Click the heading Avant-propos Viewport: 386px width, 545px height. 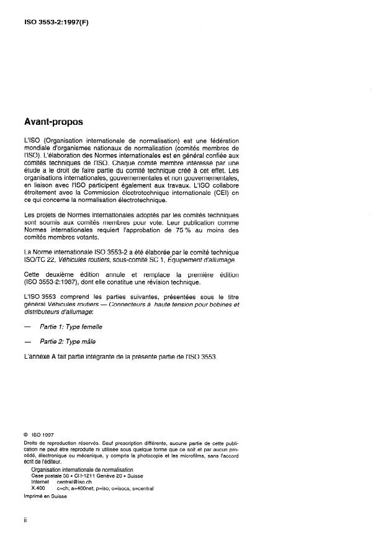click(53, 122)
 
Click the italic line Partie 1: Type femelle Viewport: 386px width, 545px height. click(71, 327)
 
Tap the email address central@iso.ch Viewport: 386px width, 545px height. click(74, 481)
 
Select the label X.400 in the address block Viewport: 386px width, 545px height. click(38, 488)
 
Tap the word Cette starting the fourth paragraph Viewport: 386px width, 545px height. click(32, 275)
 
